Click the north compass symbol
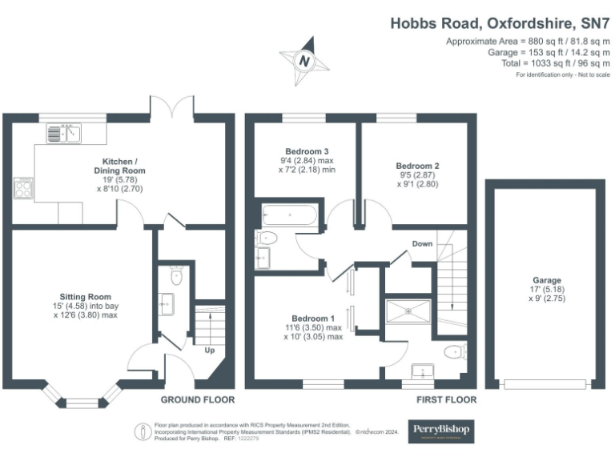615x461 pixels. pyautogui.click(x=303, y=60)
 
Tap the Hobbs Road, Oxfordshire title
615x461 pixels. pyautogui.click(x=496, y=23)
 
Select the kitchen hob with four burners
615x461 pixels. pyautogui.click(x=23, y=190)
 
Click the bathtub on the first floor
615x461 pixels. pyautogui.click(x=289, y=214)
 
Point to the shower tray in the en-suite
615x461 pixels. pyautogui.click(x=409, y=311)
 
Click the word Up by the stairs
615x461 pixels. pyautogui.click(x=211, y=351)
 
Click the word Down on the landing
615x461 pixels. pyautogui.click(x=423, y=243)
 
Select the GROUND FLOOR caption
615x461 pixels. pyautogui.click(x=197, y=399)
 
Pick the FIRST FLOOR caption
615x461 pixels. pyautogui.click(x=446, y=399)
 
